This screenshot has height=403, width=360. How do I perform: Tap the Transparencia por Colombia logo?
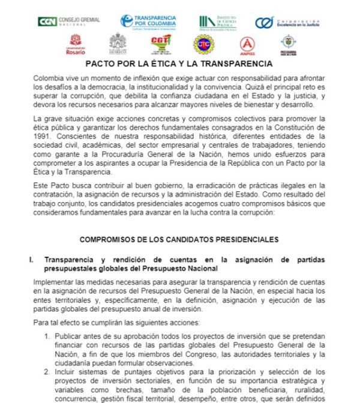click(146, 22)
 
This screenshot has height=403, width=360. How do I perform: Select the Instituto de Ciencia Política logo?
click(218, 22)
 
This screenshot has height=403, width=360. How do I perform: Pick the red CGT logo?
click(161, 44)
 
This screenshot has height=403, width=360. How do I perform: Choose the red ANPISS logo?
click(247, 44)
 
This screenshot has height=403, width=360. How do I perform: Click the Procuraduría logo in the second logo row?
click(289, 44)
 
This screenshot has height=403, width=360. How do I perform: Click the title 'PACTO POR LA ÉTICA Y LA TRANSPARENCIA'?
click(179, 64)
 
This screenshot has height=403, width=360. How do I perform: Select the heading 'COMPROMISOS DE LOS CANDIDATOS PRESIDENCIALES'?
click(179, 239)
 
